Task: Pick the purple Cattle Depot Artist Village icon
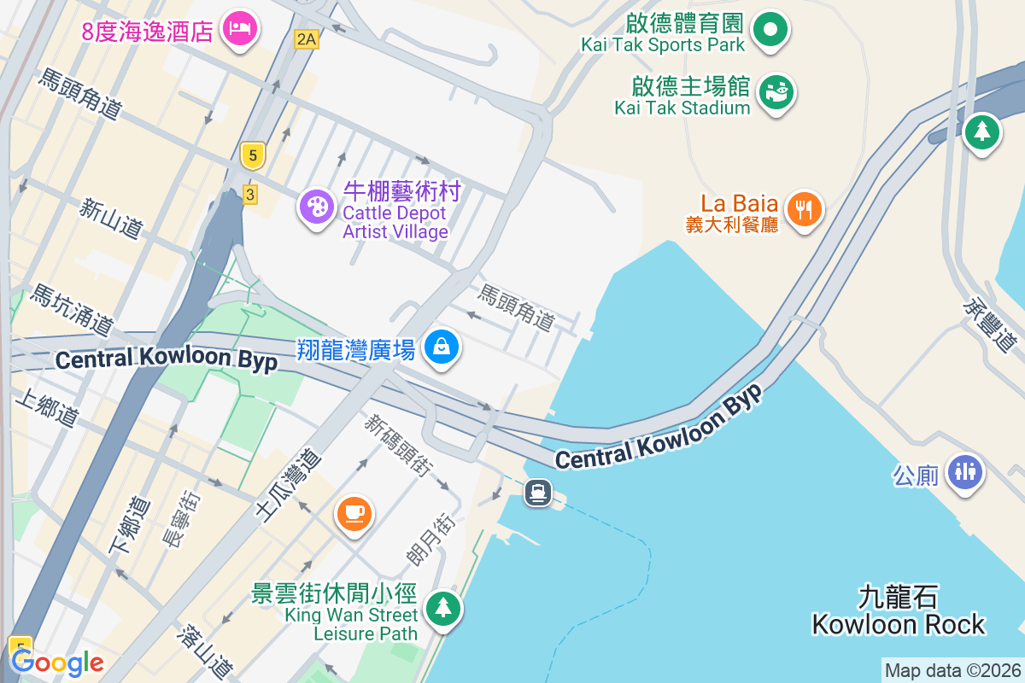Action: click(317, 206)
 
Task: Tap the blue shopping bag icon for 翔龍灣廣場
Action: click(442, 347)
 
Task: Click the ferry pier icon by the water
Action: click(538, 492)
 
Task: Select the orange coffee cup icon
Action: click(354, 513)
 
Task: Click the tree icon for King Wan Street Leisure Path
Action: click(443, 609)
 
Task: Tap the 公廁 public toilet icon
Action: click(966, 470)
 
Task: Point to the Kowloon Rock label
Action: click(899, 610)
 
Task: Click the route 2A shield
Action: click(306, 38)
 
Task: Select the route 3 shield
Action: click(249, 195)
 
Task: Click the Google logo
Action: click(56, 662)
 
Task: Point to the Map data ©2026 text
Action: click(952, 670)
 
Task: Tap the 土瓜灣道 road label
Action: click(289, 484)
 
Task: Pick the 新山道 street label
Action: click(112, 219)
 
